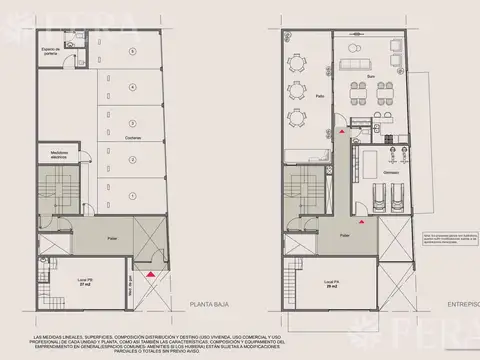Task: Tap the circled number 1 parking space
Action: pyautogui.click(x=133, y=194)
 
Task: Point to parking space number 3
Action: pyautogui.click(x=133, y=122)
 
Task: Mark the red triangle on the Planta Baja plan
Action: pyautogui.click(x=150, y=273)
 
